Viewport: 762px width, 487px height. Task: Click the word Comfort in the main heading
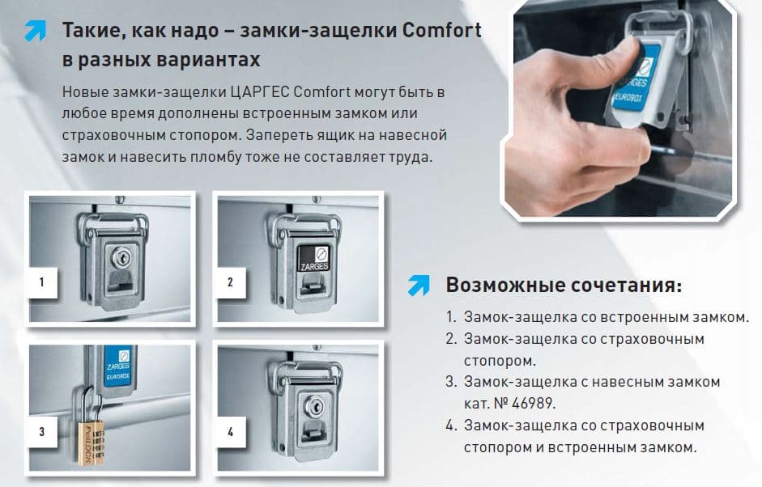point(442,30)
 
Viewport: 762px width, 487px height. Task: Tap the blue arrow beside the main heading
point(36,31)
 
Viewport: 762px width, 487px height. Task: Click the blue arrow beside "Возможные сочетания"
point(419,286)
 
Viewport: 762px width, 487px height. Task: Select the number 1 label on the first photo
point(42,282)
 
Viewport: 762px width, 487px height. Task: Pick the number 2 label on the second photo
point(230,282)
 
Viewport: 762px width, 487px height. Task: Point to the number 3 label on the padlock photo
point(42,432)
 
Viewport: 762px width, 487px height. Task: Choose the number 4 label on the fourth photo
point(230,432)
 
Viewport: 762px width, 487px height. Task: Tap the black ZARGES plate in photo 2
point(314,258)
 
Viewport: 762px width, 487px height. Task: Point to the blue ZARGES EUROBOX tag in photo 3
point(118,366)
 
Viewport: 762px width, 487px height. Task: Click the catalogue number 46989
point(533,403)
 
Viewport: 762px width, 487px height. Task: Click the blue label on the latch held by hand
point(635,79)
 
